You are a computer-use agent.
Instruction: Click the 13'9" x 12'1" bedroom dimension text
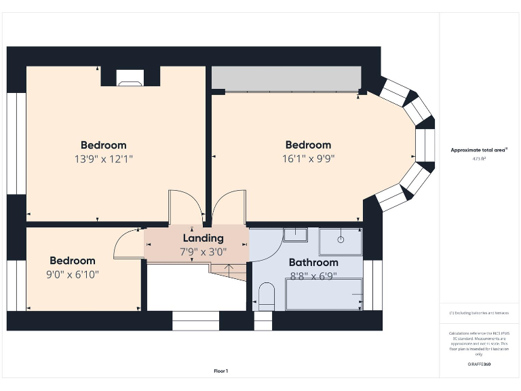click(x=103, y=160)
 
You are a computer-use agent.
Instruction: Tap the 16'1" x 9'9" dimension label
click(x=308, y=160)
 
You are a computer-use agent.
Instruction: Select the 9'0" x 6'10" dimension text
click(x=72, y=275)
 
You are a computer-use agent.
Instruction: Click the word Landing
click(x=203, y=238)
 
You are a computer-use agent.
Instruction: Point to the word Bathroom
click(x=313, y=263)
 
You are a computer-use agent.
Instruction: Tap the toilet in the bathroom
click(x=267, y=296)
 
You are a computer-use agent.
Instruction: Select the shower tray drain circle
click(x=341, y=240)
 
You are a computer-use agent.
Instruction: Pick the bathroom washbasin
click(x=295, y=235)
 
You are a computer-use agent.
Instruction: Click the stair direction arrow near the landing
click(x=229, y=268)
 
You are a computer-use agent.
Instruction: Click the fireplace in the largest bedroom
click(x=130, y=81)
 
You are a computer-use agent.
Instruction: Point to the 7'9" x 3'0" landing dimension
click(x=203, y=252)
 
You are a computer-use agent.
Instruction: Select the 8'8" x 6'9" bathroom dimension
click(x=313, y=276)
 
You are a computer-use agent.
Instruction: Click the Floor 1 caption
click(x=221, y=371)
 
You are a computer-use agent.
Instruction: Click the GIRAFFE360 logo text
click(x=478, y=365)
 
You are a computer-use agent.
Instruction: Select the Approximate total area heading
click(x=478, y=150)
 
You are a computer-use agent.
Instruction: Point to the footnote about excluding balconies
click(x=478, y=313)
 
